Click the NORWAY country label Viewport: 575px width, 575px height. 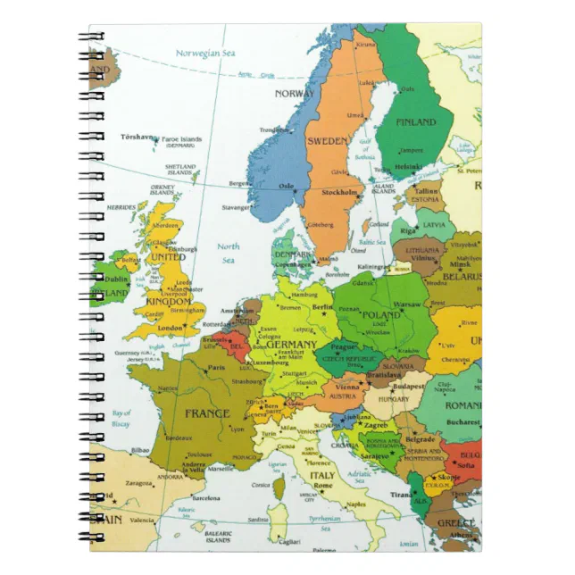tap(294, 94)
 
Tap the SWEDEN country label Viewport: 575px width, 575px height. tap(327, 141)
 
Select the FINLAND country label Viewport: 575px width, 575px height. tap(415, 121)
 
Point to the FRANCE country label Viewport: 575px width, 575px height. tap(207, 413)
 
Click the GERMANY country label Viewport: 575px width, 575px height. tap(291, 345)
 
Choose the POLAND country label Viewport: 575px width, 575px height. tap(382, 316)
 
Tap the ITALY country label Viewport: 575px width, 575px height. tap(322, 476)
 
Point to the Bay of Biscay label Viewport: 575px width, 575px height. tap(121, 418)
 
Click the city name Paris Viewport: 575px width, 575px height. tap(216, 367)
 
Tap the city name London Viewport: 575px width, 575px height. tap(182, 328)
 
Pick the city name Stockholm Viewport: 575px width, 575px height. tap(340, 192)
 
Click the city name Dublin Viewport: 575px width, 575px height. tap(117, 279)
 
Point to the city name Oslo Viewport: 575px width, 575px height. tap(287, 187)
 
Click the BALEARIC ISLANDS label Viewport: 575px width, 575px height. tap(217, 536)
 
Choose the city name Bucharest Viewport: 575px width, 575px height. tap(464, 421)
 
